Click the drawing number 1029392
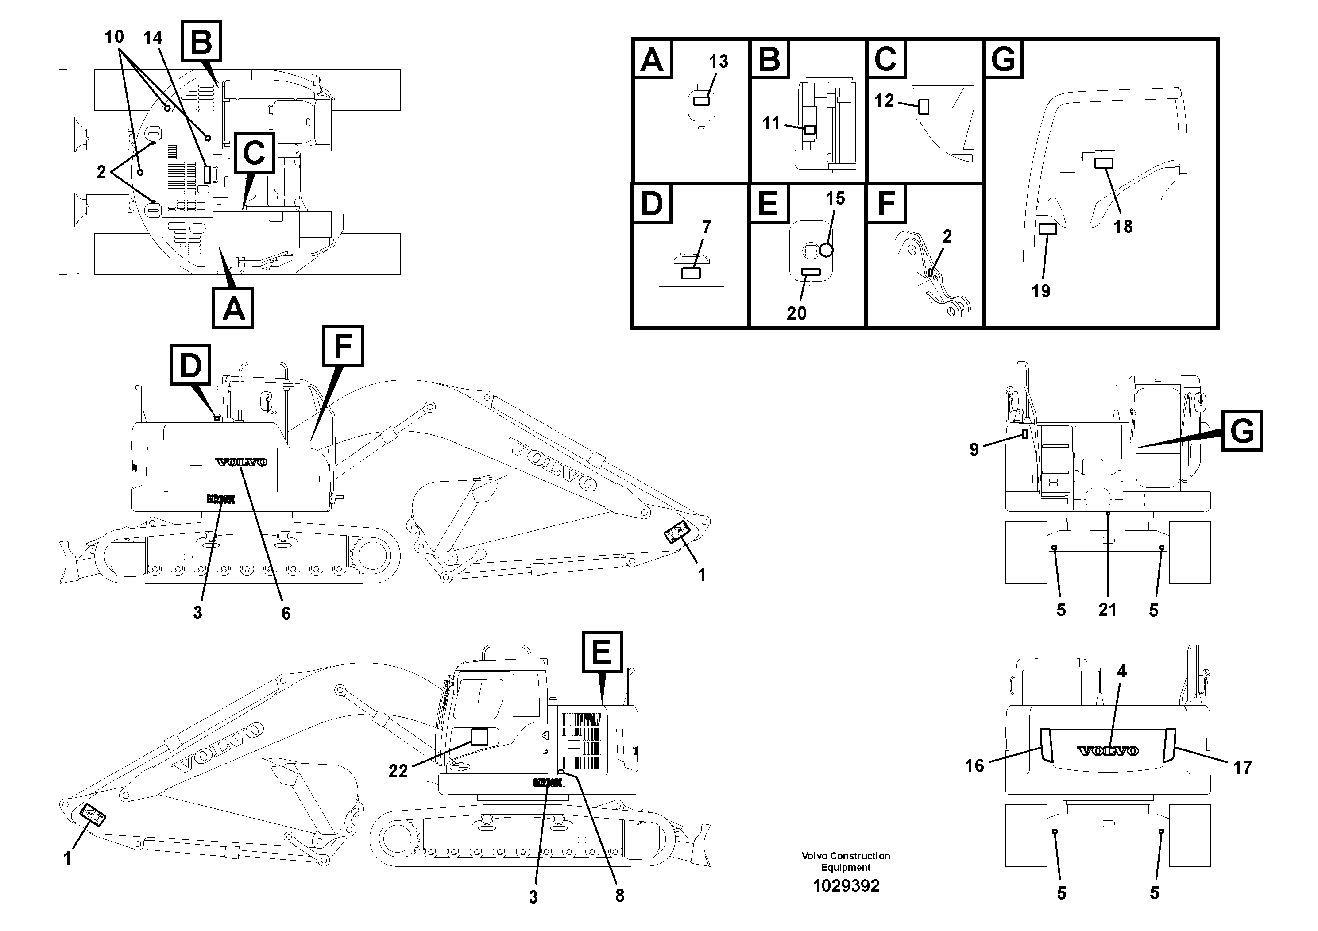[x=846, y=886]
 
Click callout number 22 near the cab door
[x=398, y=771]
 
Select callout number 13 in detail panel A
[x=718, y=62]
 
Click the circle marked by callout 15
[x=826, y=250]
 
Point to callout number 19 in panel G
[x=1041, y=291]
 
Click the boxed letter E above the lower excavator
[x=602, y=652]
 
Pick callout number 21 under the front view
[x=1107, y=609]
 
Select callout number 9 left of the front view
[x=974, y=449]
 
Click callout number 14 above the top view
[x=153, y=38]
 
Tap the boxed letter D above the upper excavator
[x=190, y=364]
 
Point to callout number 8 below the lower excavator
[x=619, y=896]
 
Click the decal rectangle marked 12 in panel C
[x=923, y=107]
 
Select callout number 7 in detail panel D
[x=707, y=227]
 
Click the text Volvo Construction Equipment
[x=846, y=861]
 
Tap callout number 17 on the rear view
[x=1242, y=767]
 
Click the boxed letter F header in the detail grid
[x=886, y=203]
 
